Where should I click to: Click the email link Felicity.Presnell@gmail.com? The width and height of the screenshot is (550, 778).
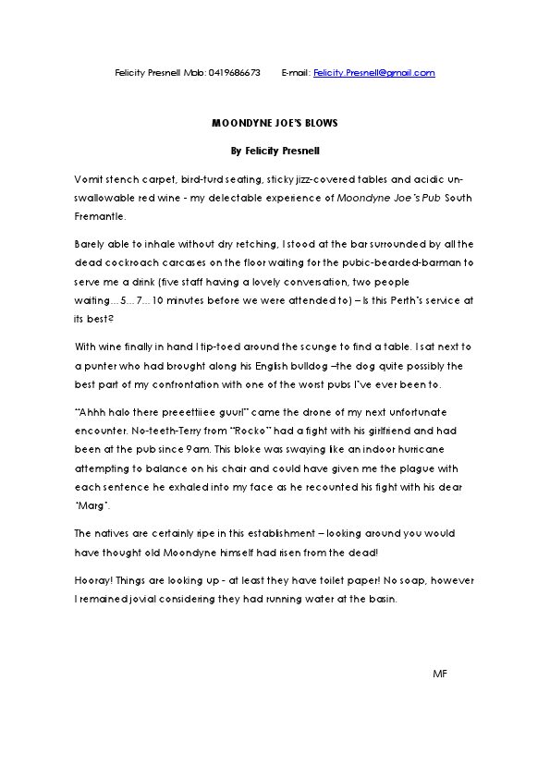pos(373,73)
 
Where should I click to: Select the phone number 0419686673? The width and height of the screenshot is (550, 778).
pos(235,73)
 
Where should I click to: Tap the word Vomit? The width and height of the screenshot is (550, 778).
pos(89,177)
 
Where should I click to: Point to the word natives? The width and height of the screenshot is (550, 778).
pos(117,534)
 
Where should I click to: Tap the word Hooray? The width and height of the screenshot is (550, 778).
pos(92,579)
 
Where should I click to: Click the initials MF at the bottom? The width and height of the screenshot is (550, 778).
pos(440,675)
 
